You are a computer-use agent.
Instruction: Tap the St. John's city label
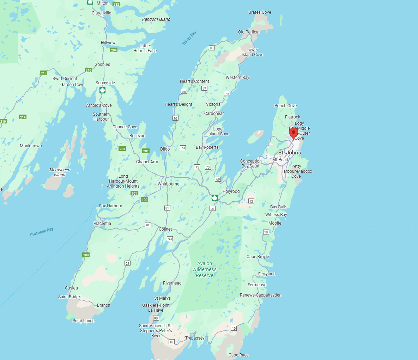click(x=290, y=153)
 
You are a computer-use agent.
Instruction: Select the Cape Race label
click(x=238, y=355)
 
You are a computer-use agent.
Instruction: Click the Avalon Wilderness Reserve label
click(x=205, y=269)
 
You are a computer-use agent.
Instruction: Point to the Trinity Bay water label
click(x=189, y=38)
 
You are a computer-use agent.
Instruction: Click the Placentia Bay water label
click(x=42, y=232)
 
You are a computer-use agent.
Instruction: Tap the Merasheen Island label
click(x=60, y=172)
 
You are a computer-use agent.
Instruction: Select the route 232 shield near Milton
click(x=116, y=4)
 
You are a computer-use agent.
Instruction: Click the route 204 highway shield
click(x=114, y=50)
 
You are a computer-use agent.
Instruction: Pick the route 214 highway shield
click(x=23, y=117)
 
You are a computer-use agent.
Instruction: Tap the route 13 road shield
click(x=251, y=201)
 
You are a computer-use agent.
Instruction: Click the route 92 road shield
click(x=127, y=263)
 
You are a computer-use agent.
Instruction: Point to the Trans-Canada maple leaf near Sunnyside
click(x=102, y=90)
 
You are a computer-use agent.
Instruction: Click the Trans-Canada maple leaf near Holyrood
click(x=214, y=198)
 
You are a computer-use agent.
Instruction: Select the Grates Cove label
click(x=260, y=12)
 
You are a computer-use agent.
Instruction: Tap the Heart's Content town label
click(x=194, y=81)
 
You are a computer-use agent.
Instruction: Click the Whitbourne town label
click(x=168, y=184)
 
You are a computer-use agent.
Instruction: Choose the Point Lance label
click(x=83, y=321)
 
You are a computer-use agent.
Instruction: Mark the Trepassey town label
click(x=195, y=338)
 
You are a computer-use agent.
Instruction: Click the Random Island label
click(x=156, y=19)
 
